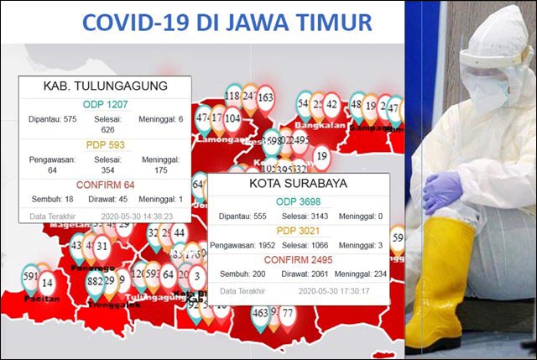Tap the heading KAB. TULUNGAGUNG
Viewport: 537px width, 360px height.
click(x=105, y=86)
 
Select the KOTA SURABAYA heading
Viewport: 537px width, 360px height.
click(x=299, y=184)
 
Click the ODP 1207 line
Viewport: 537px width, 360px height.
click(x=105, y=105)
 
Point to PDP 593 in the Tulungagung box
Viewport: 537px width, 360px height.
click(x=105, y=145)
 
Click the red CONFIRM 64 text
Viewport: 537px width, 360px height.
click(x=105, y=185)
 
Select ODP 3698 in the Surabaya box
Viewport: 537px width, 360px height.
click(x=299, y=202)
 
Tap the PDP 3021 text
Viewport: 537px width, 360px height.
click(x=299, y=230)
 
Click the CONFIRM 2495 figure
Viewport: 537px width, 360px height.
click(x=299, y=258)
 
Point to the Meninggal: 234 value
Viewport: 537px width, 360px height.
click(x=358, y=274)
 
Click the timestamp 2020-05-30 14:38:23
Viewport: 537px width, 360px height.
click(x=137, y=216)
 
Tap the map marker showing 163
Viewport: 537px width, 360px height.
click(x=265, y=99)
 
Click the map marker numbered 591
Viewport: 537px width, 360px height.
click(x=30, y=277)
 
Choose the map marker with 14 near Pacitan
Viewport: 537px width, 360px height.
click(x=48, y=283)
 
